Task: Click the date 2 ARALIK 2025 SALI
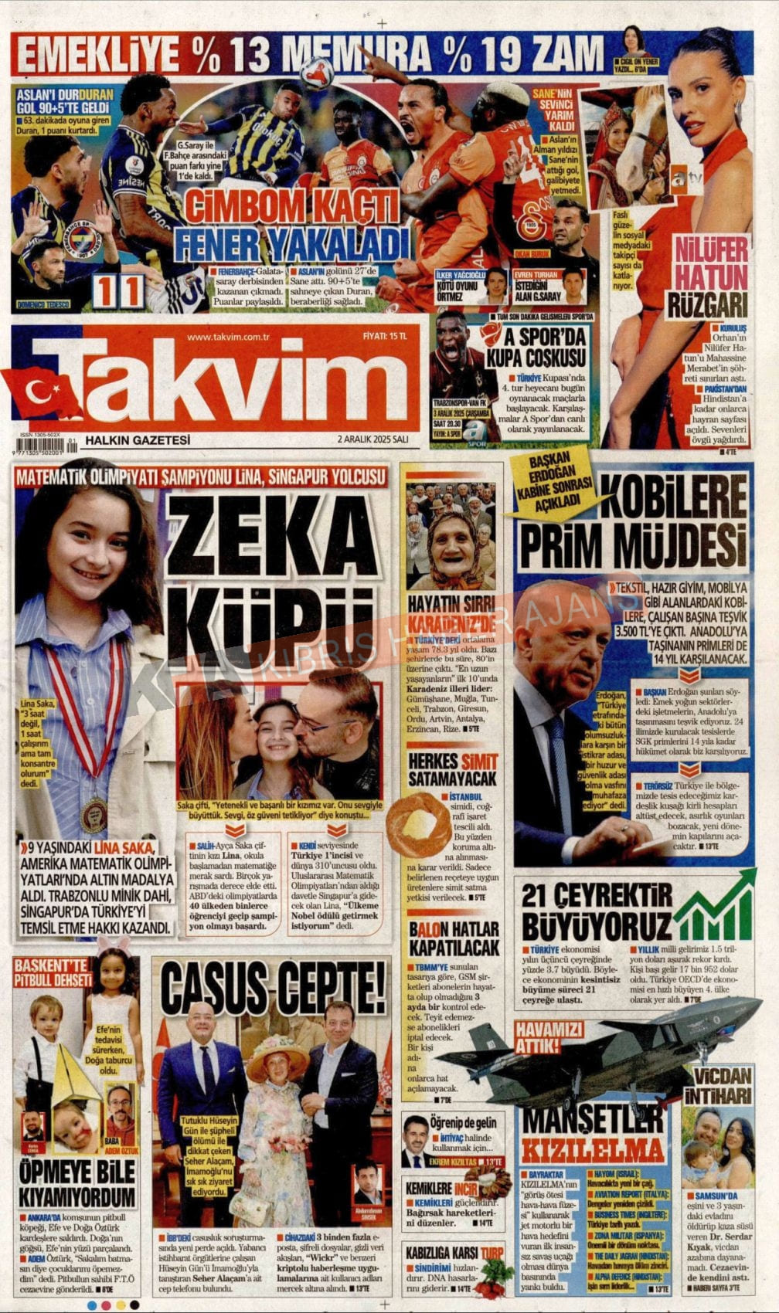[x=372, y=439]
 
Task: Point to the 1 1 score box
[x=118, y=291]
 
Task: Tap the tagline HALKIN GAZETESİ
[x=138, y=439]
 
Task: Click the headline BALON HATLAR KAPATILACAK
[x=454, y=937]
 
